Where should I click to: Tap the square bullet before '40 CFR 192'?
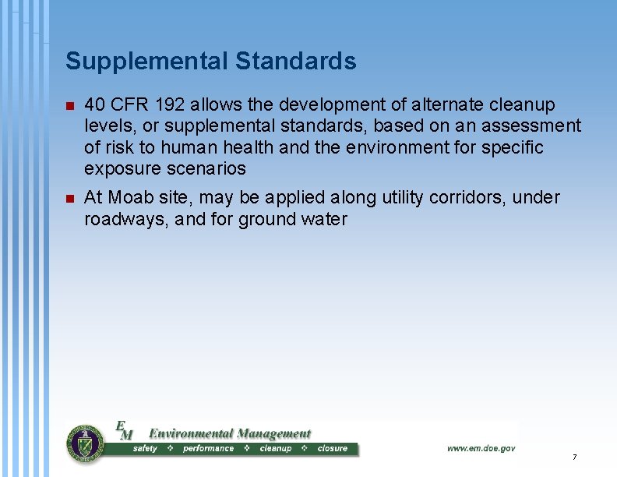click(x=70, y=105)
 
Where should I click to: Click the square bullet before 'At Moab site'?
click(x=70, y=199)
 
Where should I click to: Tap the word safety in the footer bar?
click(x=145, y=449)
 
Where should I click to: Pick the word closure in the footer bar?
click(x=332, y=449)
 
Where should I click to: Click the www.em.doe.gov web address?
click(x=481, y=448)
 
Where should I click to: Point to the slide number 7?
click(x=574, y=457)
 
